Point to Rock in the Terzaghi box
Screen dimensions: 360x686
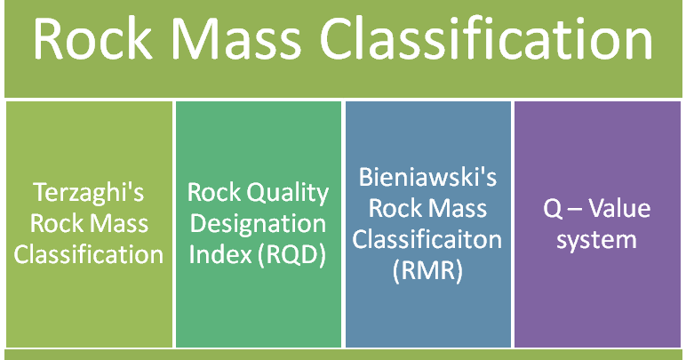click(54, 224)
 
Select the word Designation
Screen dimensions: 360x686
click(258, 224)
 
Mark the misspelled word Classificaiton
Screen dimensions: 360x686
click(428, 239)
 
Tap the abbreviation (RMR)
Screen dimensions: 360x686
click(428, 269)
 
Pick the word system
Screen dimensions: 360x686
click(597, 240)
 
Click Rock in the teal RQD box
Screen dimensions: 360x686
click(212, 193)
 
